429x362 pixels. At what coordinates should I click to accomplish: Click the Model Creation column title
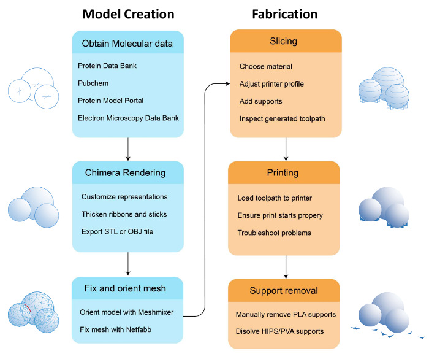(128, 14)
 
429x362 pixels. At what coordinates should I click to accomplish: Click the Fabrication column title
(284, 14)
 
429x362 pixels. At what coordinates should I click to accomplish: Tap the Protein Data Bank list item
(109, 66)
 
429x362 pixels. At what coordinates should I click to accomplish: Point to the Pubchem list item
(92, 83)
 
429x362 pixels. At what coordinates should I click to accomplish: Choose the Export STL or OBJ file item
(121, 231)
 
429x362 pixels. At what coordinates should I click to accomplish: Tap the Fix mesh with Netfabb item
(116, 329)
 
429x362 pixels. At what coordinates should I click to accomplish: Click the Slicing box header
(284, 42)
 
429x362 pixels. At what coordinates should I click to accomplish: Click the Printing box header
(284, 172)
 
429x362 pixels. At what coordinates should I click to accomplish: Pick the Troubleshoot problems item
(274, 232)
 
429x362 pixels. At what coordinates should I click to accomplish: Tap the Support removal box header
(284, 290)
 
